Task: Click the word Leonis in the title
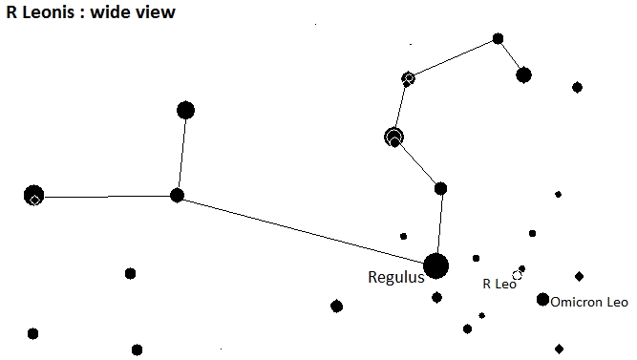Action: coord(49,11)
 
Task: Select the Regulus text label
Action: coord(396,277)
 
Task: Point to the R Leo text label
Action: coord(499,284)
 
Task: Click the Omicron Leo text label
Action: coord(589,302)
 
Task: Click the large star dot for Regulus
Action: coord(435,266)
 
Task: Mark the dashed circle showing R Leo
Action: coord(517,275)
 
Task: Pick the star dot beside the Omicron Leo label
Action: coord(542,300)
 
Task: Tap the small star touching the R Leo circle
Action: coord(522,268)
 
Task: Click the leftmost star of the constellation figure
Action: coord(33,195)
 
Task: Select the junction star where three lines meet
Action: coord(177,195)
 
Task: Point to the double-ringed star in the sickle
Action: coord(393,137)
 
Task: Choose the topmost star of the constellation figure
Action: coord(499,38)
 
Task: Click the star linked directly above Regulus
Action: coord(441,188)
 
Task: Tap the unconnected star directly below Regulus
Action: coord(436,297)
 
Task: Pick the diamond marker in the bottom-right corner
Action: coord(559,349)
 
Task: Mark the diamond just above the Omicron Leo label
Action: coord(580,277)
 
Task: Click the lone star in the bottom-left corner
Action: coord(32,333)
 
